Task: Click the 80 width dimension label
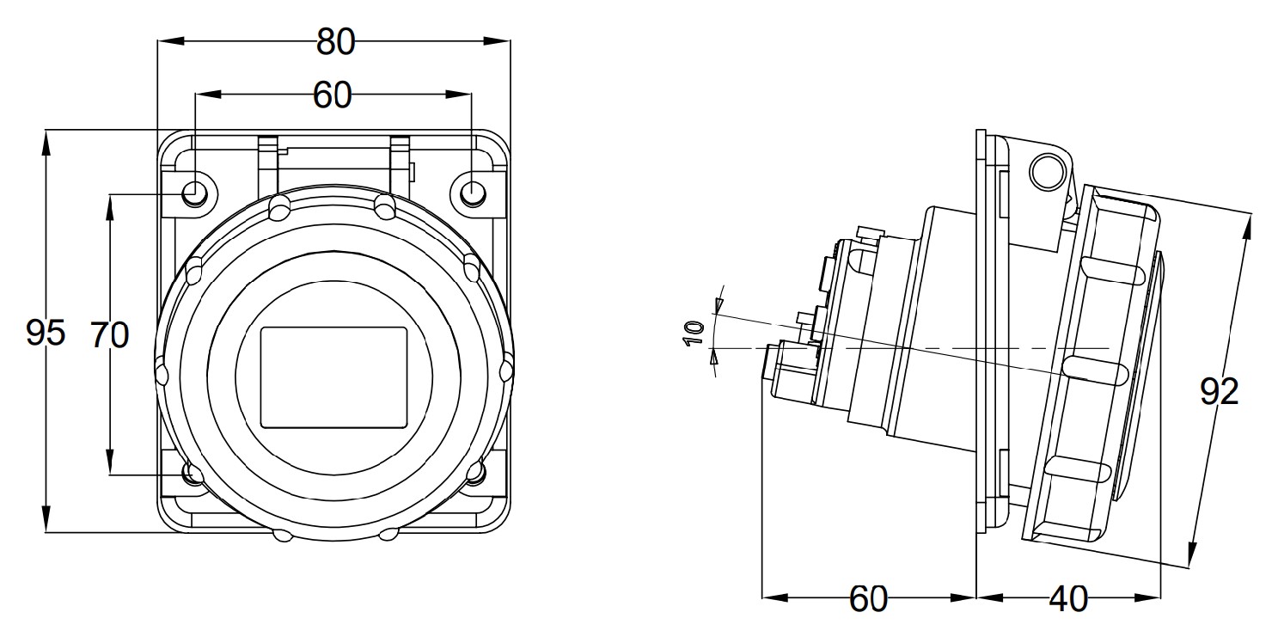[335, 42]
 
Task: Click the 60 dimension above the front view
[333, 96]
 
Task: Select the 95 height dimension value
[46, 333]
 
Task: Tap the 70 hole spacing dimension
[110, 334]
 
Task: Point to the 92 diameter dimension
[1219, 393]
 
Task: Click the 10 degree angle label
[694, 331]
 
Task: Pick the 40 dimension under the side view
[1068, 598]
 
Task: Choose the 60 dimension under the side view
[868, 598]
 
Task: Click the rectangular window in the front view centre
[333, 377]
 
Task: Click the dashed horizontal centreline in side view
[945, 347]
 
